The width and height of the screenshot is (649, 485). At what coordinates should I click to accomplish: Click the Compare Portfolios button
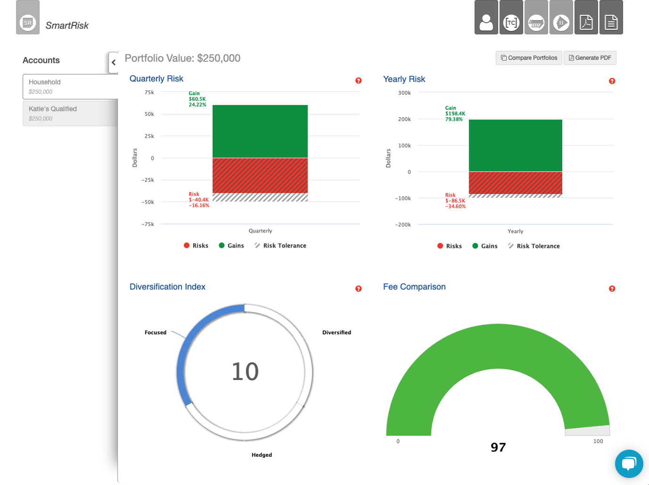pyautogui.click(x=529, y=58)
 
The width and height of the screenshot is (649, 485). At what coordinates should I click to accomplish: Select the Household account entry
pyautogui.click(x=70, y=86)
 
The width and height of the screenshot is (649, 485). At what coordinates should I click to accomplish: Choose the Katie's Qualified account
pyautogui.click(x=70, y=113)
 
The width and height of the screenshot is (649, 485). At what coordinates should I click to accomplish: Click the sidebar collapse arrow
pyautogui.click(x=113, y=62)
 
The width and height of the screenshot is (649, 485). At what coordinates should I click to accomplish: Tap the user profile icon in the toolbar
pyautogui.click(x=486, y=18)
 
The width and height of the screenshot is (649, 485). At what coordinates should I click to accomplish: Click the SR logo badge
pyautogui.click(x=28, y=22)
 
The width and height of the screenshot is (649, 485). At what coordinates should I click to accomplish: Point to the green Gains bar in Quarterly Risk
pyautogui.click(x=260, y=131)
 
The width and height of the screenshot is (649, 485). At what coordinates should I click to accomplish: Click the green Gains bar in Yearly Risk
pyautogui.click(x=515, y=145)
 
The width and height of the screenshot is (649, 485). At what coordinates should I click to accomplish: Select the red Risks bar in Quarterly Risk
pyautogui.click(x=260, y=175)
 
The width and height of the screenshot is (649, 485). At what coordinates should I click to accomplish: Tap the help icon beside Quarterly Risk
pyautogui.click(x=358, y=81)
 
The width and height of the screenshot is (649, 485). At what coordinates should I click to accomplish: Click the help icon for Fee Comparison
pyautogui.click(x=612, y=288)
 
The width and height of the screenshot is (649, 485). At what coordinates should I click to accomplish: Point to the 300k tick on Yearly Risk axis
pyautogui.click(x=404, y=93)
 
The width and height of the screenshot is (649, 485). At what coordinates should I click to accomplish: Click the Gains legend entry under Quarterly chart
pyautogui.click(x=231, y=246)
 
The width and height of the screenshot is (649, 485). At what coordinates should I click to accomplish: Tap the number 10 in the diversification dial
pyautogui.click(x=245, y=371)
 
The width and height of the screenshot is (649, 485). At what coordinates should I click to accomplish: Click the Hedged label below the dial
pyautogui.click(x=262, y=455)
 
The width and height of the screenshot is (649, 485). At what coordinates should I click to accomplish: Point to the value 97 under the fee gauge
pyautogui.click(x=498, y=447)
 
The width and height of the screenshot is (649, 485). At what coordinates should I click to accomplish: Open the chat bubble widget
pyautogui.click(x=629, y=464)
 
